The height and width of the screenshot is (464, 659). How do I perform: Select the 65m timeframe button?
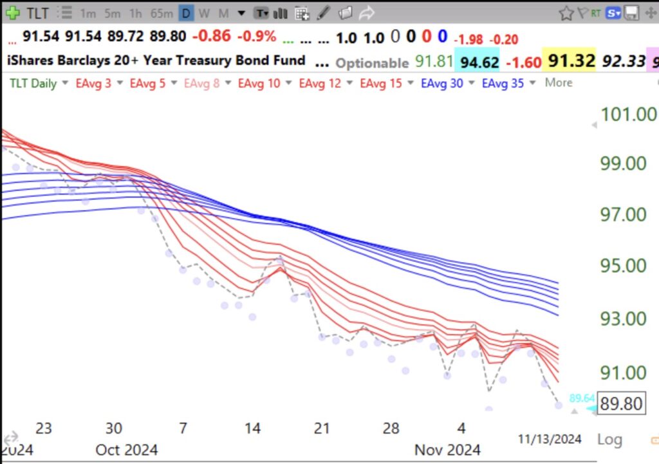click(161, 13)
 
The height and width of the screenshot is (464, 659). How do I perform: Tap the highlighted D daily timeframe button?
click(185, 13)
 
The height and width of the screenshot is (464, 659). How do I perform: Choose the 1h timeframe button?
click(136, 13)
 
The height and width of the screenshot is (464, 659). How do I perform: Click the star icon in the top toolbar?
click(566, 13)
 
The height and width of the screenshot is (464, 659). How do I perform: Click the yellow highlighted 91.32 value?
click(570, 62)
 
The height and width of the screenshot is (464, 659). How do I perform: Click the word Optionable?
click(372, 62)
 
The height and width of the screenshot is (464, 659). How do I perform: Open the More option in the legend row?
click(558, 82)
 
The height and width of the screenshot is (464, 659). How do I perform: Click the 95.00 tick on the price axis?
click(624, 265)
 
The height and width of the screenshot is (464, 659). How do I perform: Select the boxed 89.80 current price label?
click(620, 404)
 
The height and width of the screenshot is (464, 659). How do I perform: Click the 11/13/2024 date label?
click(550, 439)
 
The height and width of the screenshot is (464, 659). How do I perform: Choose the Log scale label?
click(609, 440)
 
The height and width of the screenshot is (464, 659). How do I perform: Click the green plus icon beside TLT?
click(12, 12)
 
